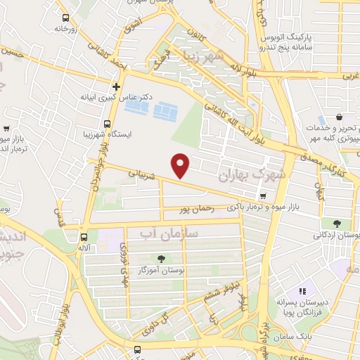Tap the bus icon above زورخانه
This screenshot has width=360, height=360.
click(x=65, y=18)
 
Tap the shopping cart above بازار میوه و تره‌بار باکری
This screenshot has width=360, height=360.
click(x=262, y=196)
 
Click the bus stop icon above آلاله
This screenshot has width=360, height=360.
click(x=84, y=236)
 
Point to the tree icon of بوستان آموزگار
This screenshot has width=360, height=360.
click(x=162, y=258)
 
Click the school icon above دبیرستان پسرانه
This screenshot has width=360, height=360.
click(x=303, y=291)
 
